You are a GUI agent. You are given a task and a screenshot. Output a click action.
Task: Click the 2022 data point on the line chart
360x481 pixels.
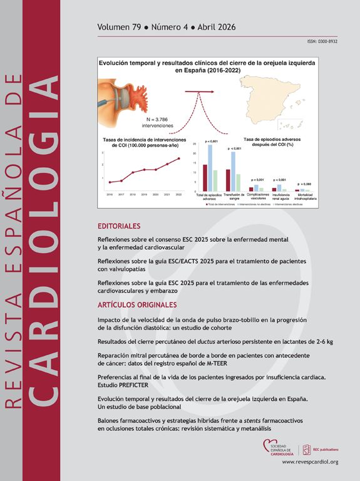[x=179, y=158]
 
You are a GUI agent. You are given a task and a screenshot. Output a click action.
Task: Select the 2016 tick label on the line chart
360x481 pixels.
[x=110, y=195]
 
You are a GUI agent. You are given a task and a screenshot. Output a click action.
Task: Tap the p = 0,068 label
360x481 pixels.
[x=304, y=184]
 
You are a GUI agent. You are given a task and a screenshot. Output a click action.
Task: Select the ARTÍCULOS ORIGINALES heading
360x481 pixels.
[x=137, y=305]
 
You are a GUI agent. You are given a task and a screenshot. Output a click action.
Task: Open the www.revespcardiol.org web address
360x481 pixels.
[x=310, y=462]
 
